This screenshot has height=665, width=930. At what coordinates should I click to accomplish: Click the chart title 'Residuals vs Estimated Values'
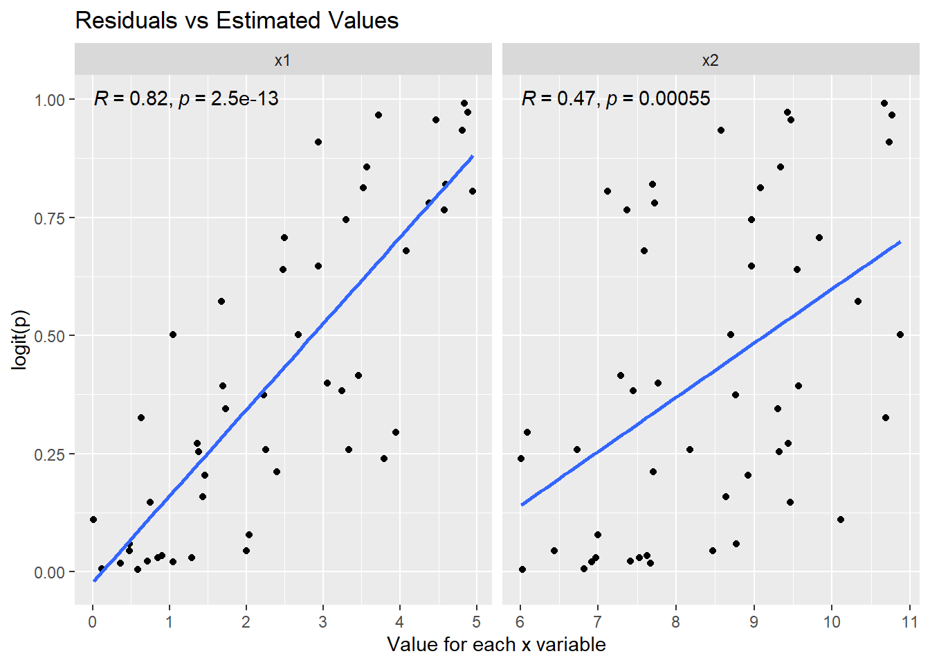pos(237,20)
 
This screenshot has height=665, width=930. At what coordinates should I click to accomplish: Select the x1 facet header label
pos(282,60)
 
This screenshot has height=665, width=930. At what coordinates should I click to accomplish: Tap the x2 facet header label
pos(710,60)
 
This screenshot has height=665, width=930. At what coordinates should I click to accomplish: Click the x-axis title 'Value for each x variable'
pos(496,645)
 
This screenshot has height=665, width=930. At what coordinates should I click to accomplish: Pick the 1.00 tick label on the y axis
pos(50,100)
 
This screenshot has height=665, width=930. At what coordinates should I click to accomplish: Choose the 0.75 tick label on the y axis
pos(50,218)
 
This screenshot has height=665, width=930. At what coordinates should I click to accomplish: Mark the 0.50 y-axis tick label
pos(50,336)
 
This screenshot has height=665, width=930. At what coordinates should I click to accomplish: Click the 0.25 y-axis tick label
pos(50,454)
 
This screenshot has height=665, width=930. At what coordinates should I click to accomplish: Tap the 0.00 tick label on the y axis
pos(50,572)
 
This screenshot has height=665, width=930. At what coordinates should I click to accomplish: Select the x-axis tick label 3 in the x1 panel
pos(323,621)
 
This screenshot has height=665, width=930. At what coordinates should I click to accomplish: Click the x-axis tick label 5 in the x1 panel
pos(476,621)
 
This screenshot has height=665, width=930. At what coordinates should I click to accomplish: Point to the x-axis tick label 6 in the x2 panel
pos(520,621)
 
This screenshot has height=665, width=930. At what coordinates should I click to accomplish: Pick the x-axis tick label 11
pos(909,621)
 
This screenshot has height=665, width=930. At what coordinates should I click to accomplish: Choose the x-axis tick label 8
pos(676,621)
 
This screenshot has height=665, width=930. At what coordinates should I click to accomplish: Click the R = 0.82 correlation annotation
pos(131,99)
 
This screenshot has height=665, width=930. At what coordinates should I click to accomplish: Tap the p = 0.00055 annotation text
pos(658,99)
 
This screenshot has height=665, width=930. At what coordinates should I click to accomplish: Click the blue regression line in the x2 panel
pos(711,373)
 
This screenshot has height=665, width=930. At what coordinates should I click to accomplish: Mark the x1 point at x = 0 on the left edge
pos(93,520)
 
